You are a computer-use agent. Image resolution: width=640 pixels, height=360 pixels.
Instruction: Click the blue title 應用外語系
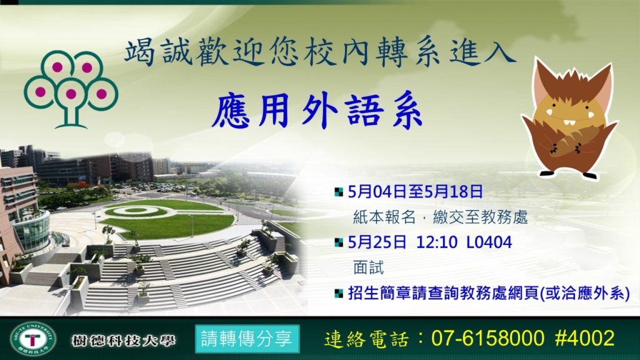tap(317, 111)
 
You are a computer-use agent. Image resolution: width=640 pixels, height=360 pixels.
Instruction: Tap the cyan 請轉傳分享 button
tap(247, 339)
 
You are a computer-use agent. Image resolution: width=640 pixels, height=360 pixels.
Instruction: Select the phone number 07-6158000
tap(487, 338)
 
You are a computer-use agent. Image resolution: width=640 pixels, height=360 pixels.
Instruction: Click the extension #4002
tap(584, 338)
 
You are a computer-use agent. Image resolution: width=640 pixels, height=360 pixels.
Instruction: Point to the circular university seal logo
tap(33, 338)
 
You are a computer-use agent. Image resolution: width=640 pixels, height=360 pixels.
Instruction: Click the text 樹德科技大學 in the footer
tap(123, 340)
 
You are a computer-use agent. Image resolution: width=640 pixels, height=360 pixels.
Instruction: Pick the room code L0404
tap(489, 242)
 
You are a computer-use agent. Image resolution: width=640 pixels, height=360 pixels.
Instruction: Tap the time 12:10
tap(437, 242)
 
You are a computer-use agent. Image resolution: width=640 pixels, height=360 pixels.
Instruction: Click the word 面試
tap(369, 267)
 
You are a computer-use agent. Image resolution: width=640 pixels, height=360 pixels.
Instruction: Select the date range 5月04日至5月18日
tap(416, 191)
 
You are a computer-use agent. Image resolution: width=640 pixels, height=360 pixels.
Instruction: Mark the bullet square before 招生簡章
tap(338, 294)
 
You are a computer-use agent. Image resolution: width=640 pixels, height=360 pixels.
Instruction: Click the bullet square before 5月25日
tap(338, 243)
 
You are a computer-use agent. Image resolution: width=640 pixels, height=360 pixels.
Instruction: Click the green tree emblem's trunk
tap(71, 116)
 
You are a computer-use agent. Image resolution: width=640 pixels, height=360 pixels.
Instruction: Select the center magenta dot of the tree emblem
tap(71, 94)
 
